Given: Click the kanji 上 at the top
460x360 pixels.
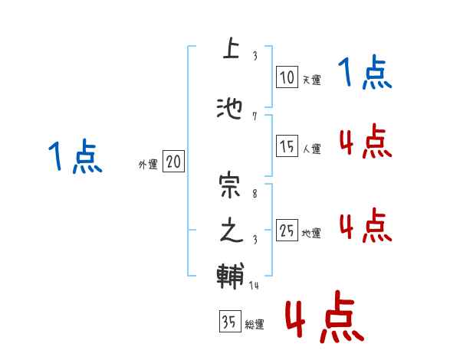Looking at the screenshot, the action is [x=229, y=50].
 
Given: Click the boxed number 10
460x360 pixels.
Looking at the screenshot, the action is [x=286, y=77].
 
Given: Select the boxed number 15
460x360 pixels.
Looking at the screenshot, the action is [x=286, y=147].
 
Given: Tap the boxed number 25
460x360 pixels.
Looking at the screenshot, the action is [x=287, y=231].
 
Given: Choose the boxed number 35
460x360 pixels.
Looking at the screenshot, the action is [x=228, y=322].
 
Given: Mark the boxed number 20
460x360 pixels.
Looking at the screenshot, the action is [x=173, y=162].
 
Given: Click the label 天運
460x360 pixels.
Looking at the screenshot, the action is [x=311, y=80].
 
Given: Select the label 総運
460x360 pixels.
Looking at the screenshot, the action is [x=254, y=325].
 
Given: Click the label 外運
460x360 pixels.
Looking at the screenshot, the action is [x=147, y=164].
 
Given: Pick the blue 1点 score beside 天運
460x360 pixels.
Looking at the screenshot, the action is [x=365, y=74].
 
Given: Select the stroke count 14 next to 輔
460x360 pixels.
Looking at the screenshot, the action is [x=254, y=286].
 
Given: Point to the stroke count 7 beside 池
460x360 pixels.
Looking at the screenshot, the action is [x=254, y=116].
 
